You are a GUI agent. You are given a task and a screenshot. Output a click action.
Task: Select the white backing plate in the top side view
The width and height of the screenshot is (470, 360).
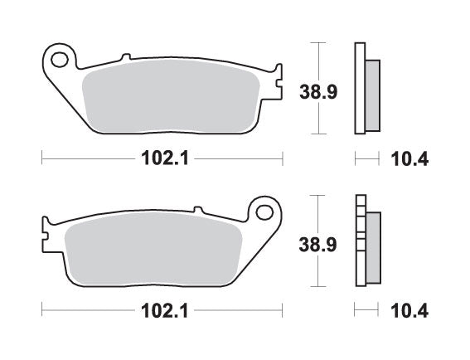click(x=360, y=87)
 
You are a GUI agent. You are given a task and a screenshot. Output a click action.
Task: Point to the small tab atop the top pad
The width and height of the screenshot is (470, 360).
click(x=126, y=57)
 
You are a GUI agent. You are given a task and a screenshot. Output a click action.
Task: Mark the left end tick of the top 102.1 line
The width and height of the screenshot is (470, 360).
click(x=41, y=158)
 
